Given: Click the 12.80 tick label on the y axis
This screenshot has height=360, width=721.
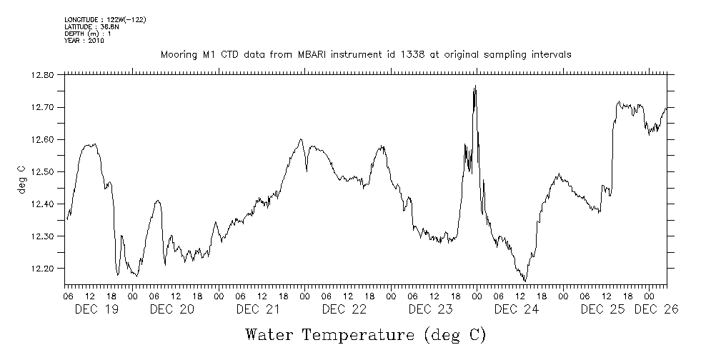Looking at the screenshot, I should coord(43,75).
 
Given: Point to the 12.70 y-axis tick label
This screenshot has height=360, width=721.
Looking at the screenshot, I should coord(43,107).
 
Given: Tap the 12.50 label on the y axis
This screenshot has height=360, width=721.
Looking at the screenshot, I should coord(43,171).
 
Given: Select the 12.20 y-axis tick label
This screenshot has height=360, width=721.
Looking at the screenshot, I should coord(43,269).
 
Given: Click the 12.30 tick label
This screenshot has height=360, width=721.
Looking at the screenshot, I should coord(43,236).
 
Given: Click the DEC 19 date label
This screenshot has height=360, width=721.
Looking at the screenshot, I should coord(96,309).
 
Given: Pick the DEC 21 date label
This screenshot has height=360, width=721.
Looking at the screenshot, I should coord(257,309).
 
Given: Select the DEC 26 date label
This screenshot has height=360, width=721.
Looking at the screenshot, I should coord(656,309).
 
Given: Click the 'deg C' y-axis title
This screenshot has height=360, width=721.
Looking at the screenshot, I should coord(22,179).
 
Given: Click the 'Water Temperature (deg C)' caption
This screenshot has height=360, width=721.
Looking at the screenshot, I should coord(366,334).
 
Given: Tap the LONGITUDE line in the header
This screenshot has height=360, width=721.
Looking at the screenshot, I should coord(105,19).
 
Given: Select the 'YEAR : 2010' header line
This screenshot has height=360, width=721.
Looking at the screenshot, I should coord(84,41).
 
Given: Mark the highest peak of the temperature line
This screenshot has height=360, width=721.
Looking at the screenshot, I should coord(475,86).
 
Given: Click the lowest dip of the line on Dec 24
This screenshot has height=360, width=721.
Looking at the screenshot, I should coord(525,281).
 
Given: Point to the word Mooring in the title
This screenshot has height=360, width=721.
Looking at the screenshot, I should coord(177,54).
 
